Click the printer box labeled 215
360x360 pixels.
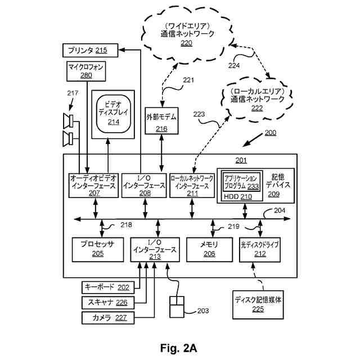pos(91,50)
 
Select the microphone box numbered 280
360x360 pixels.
pos(86,71)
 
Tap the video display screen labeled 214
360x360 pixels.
pos(114,114)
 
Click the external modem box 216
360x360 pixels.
pos(161,121)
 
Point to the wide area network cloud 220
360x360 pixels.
pos(186,34)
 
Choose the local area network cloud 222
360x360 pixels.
pos(257,99)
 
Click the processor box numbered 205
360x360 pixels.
pos(98,250)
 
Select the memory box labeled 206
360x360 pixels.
pos(209,250)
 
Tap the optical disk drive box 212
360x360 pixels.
pos(260,250)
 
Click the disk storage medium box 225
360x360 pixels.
pos(258,305)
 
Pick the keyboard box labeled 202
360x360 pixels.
pos(108,287)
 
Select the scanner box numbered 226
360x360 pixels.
pos(108,303)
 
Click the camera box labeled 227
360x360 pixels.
pos(108,318)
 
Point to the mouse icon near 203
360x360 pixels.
pos(177,307)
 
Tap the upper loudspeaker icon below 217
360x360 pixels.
pos(68,121)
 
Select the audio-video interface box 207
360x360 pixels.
pos(93,186)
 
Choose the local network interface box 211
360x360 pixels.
pos(192,186)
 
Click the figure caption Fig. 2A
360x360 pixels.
pos(179,348)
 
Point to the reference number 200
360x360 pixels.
pos(271,133)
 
